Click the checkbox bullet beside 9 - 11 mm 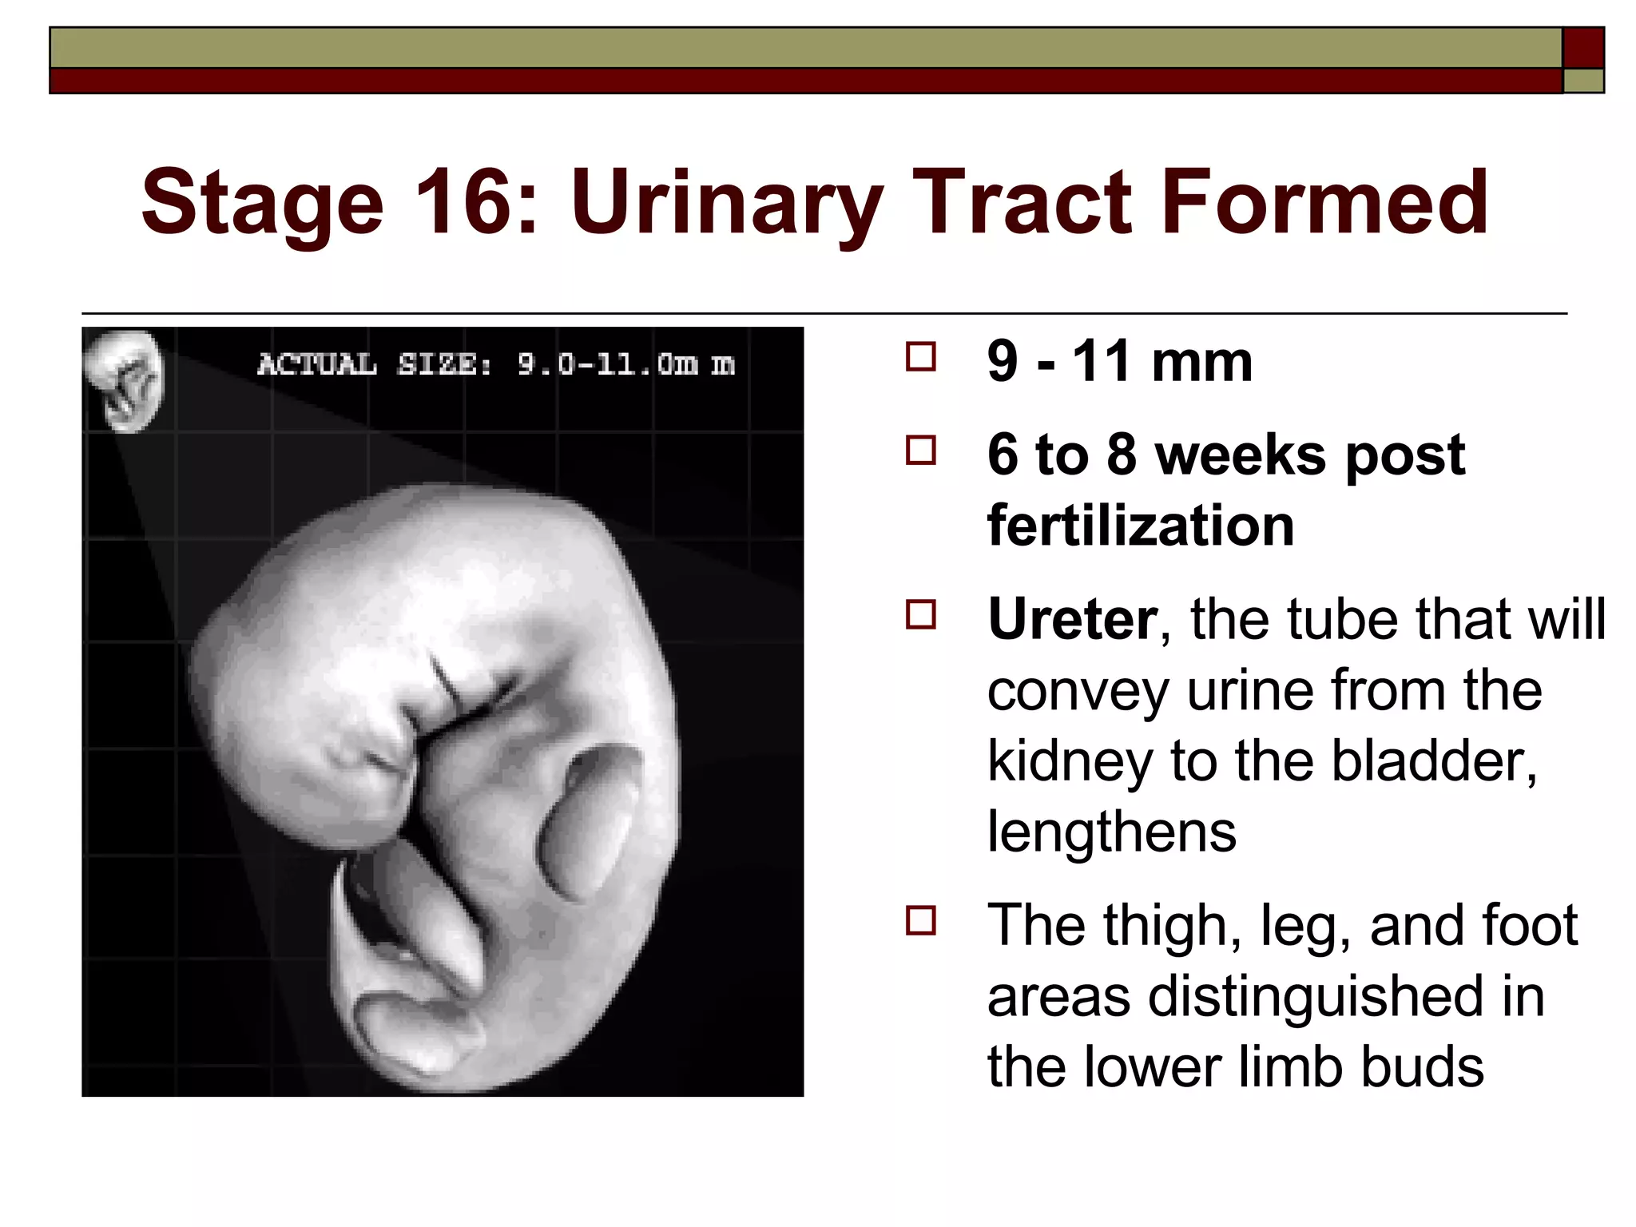pyautogui.click(x=921, y=357)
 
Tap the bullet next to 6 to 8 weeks pyautogui.click(x=921, y=451)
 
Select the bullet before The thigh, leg pyautogui.click(x=921, y=920)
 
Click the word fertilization pyautogui.click(x=1140, y=526)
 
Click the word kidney pyautogui.click(x=1070, y=760)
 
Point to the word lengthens pyautogui.click(x=1111, y=831)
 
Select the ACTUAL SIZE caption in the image pyautogui.click(x=495, y=364)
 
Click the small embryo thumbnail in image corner pyautogui.click(x=125, y=380)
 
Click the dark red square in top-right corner pyautogui.click(x=1583, y=48)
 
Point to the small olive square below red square pyautogui.click(x=1583, y=81)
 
